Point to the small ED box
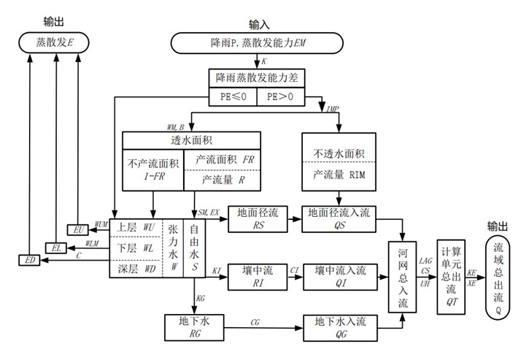(x=29, y=261)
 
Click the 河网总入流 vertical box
(x=403, y=277)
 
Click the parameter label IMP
(x=333, y=109)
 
